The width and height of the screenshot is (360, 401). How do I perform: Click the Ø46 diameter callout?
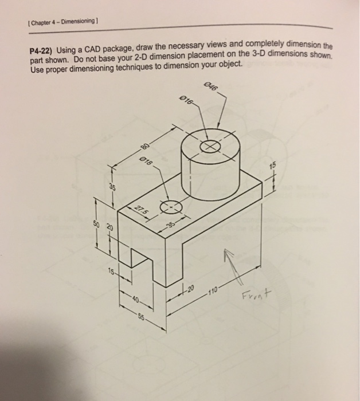pos(211,88)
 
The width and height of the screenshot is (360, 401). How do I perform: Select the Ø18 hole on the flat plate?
pos(172,207)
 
